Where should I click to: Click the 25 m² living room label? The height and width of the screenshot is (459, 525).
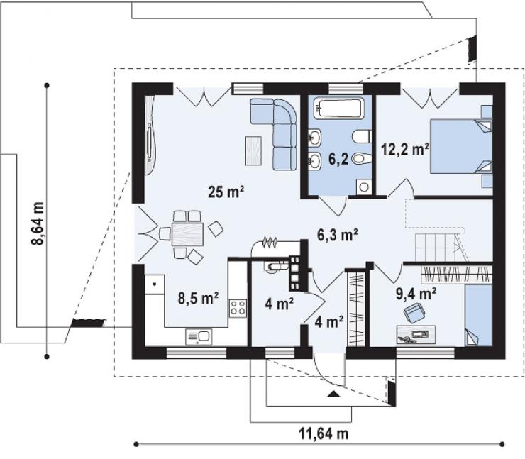[226, 192]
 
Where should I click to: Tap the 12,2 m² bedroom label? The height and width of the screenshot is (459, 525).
[406, 149]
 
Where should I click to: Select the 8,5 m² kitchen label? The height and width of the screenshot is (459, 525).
[198, 298]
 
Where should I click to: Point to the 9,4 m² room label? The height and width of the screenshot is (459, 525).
[416, 294]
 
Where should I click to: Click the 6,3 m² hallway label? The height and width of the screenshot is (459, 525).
[338, 235]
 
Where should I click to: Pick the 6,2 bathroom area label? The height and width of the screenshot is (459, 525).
[338, 160]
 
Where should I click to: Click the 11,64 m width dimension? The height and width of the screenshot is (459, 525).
[324, 434]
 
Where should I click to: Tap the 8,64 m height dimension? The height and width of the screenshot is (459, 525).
[38, 223]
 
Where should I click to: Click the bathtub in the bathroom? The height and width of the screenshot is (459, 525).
[338, 108]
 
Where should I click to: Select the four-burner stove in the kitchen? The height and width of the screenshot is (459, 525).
[238, 308]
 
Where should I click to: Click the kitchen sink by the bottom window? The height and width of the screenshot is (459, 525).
[199, 337]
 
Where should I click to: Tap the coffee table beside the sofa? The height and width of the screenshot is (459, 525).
[253, 150]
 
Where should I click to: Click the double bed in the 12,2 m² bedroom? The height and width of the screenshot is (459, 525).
[460, 146]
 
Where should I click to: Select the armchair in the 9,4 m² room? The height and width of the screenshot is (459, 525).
[414, 313]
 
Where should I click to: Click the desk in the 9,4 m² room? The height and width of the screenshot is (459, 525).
[416, 334]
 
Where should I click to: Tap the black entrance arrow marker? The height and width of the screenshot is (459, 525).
[333, 394]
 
